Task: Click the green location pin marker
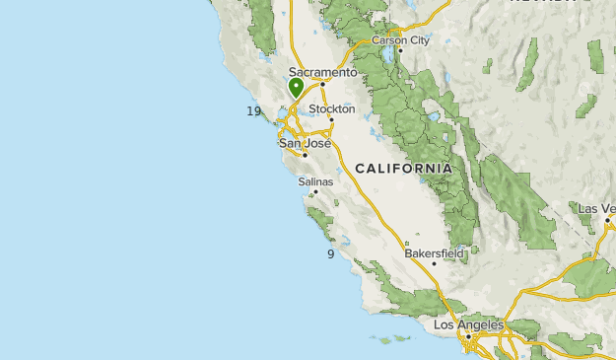296,88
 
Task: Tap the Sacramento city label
322,72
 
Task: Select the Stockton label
331,108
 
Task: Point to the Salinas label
315,181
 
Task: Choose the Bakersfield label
434,253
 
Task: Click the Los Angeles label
468,324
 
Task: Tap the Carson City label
400,40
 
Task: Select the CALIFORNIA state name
404,169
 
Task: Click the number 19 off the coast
254,111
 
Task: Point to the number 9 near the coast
331,254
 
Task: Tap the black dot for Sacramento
322,84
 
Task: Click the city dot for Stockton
332,120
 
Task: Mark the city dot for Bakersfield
434,264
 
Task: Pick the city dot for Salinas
316,192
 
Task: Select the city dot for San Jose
306,155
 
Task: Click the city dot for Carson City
400,51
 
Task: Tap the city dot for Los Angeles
471,336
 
